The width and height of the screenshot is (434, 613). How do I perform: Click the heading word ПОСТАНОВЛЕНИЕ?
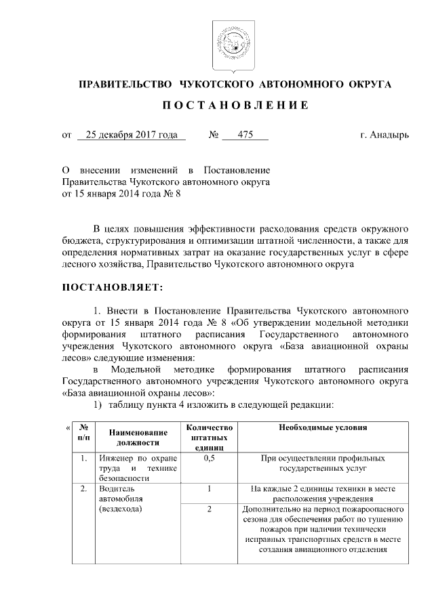(235, 106)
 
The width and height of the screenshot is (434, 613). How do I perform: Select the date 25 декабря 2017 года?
(132, 135)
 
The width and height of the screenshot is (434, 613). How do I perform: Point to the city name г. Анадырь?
(384, 135)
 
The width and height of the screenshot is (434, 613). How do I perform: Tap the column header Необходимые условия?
(322, 428)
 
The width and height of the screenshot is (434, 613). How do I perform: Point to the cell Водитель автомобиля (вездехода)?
(123, 498)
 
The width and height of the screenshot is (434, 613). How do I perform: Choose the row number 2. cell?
(83, 488)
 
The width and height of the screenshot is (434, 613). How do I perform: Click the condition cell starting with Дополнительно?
(322, 529)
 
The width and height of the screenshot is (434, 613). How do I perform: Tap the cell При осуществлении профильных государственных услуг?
(322, 463)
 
